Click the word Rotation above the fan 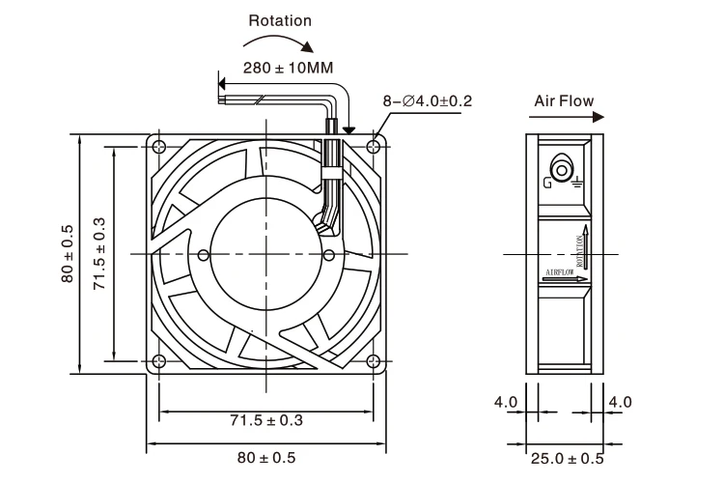(x=280, y=19)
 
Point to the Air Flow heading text (x=564, y=100)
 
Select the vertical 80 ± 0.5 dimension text (x=68, y=254)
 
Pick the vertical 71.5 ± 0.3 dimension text (x=98, y=254)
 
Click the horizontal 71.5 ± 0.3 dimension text (x=265, y=421)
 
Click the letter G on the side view (x=548, y=181)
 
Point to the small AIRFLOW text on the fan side (x=560, y=273)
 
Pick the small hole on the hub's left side (x=203, y=255)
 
